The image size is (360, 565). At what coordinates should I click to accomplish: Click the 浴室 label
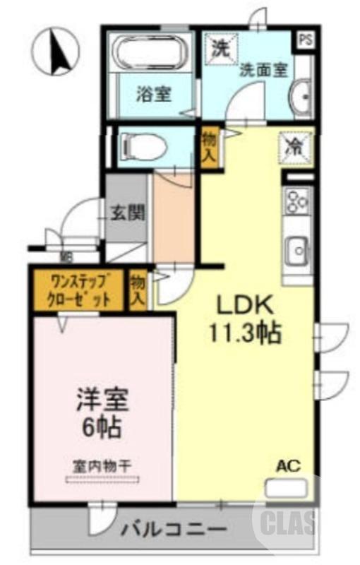[154, 93]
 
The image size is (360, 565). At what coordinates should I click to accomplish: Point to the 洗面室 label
[263, 70]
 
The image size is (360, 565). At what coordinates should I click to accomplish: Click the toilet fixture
[144, 147]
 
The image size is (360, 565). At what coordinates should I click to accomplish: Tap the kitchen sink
[296, 249]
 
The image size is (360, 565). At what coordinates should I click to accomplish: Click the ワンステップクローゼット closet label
[78, 289]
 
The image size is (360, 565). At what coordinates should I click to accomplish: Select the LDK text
[244, 306]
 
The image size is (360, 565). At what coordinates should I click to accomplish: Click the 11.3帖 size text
[244, 332]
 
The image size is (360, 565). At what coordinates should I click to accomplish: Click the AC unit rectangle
[285, 487]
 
